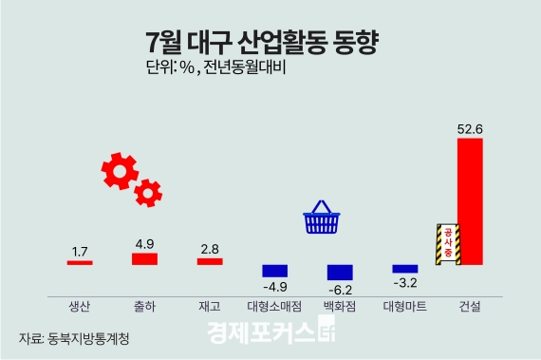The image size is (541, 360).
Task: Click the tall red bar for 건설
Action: click(470, 201)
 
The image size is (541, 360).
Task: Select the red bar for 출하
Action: click(144, 258)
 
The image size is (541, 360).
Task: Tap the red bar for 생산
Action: click(80, 262)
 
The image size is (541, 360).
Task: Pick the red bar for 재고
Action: click(210, 261)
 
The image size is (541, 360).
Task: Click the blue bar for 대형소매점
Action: click(274, 270)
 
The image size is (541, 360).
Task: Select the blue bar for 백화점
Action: click(340, 272)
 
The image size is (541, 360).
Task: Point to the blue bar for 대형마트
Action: click(404, 269)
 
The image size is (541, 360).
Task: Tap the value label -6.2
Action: click(340, 290)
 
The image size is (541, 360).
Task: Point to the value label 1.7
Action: click(80, 252)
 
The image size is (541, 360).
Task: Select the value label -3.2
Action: click(405, 282)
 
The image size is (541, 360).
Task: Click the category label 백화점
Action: click(340, 307)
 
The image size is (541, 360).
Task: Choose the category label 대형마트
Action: click(404, 307)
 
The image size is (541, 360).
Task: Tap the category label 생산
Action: click(80, 307)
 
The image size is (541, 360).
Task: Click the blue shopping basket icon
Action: click(322, 218)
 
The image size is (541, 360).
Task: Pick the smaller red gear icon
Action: click(148, 193)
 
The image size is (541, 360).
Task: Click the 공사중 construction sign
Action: click(447, 244)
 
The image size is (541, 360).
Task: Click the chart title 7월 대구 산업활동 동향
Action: click(262, 43)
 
